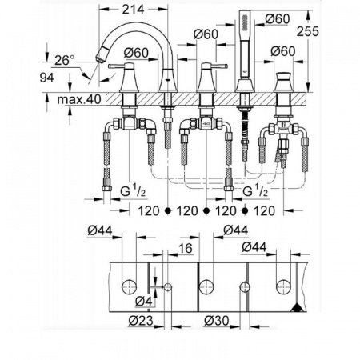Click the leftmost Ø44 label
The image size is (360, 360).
(99, 230)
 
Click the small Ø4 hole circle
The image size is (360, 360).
(166, 286)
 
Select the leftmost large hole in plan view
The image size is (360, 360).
(127, 285)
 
